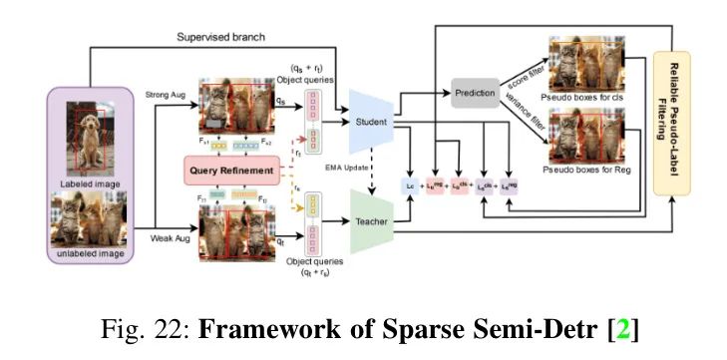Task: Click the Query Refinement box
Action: tap(233, 171)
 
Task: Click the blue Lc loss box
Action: tap(409, 184)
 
